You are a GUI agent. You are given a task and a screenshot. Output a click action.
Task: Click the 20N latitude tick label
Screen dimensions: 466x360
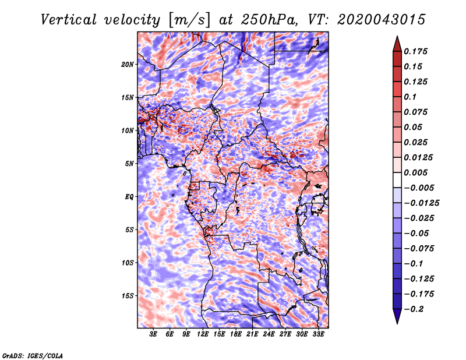[x=128, y=65]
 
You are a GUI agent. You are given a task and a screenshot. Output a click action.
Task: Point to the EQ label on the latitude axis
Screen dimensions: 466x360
[x=129, y=197]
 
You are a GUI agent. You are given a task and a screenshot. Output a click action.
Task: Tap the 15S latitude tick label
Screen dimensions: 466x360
[x=128, y=296]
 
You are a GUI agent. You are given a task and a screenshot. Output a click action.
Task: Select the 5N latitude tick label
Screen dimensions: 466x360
[x=129, y=164]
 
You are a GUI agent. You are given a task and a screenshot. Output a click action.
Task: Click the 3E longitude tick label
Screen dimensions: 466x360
[x=153, y=334]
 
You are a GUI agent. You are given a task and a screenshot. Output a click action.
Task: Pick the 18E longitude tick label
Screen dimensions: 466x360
[x=236, y=334]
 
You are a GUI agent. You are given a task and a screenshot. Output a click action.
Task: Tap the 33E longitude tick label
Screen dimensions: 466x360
[x=318, y=334]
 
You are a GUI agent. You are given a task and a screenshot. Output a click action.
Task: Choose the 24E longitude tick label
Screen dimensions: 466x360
[x=269, y=334]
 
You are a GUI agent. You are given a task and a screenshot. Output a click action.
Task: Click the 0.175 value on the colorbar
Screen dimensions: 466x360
[x=415, y=51]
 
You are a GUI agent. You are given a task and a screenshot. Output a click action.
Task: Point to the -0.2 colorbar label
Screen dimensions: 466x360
[x=414, y=309]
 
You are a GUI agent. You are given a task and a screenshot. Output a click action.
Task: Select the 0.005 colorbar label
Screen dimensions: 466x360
[x=415, y=172]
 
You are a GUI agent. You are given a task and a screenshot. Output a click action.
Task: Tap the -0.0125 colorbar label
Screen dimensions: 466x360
[x=421, y=203]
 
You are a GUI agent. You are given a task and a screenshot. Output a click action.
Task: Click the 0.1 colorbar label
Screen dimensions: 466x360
[x=410, y=97]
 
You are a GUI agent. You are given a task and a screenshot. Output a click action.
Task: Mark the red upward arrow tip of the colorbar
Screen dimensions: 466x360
[x=397, y=36]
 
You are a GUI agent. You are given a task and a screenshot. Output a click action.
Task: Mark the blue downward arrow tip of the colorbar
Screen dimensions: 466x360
[x=397, y=323]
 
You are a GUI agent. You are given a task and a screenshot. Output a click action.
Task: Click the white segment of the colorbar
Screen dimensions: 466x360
[x=397, y=180]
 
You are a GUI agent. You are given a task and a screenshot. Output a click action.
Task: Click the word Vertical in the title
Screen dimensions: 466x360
[x=69, y=20]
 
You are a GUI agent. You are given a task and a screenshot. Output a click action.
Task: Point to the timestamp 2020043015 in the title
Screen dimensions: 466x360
[x=382, y=20]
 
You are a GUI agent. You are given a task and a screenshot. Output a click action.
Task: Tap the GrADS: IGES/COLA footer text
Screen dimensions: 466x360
[x=33, y=355]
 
